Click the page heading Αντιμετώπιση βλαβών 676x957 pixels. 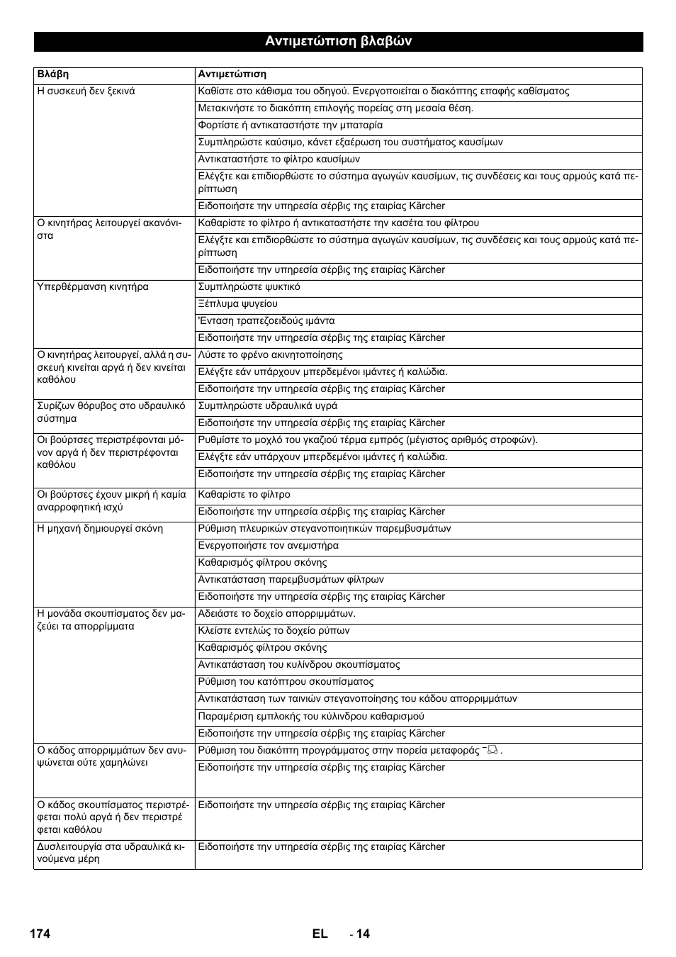click(x=338, y=41)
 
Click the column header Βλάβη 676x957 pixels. click(x=52, y=74)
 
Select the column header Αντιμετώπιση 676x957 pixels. click(x=232, y=74)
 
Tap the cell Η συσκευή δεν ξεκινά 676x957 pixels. click(x=86, y=91)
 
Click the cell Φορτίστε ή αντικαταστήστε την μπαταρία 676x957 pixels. click(x=290, y=125)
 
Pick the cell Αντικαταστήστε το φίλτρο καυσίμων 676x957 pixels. click(x=278, y=159)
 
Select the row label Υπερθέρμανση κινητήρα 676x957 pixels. click(x=92, y=287)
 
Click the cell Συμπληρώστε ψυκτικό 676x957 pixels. click(x=249, y=287)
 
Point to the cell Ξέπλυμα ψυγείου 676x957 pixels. click(x=237, y=304)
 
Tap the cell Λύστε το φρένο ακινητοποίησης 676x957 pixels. click(x=270, y=355)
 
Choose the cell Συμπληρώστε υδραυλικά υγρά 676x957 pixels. click(x=267, y=406)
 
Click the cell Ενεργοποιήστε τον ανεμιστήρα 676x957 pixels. click(x=268, y=546)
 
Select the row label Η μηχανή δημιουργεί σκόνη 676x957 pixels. click(x=99, y=529)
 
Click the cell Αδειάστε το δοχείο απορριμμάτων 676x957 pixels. click(x=276, y=614)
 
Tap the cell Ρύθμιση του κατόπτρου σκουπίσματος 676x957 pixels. click(x=286, y=682)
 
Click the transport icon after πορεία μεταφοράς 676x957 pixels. click(x=491, y=750)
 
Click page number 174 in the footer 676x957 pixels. click(x=40, y=934)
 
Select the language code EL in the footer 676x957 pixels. click(x=319, y=934)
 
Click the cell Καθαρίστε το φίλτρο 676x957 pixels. click(x=244, y=495)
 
